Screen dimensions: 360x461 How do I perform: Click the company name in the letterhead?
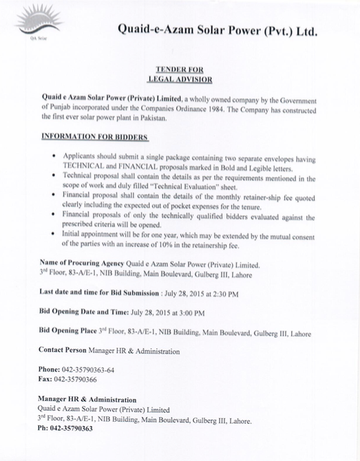(x=233, y=30)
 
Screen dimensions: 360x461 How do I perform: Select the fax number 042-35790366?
(x=81, y=381)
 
